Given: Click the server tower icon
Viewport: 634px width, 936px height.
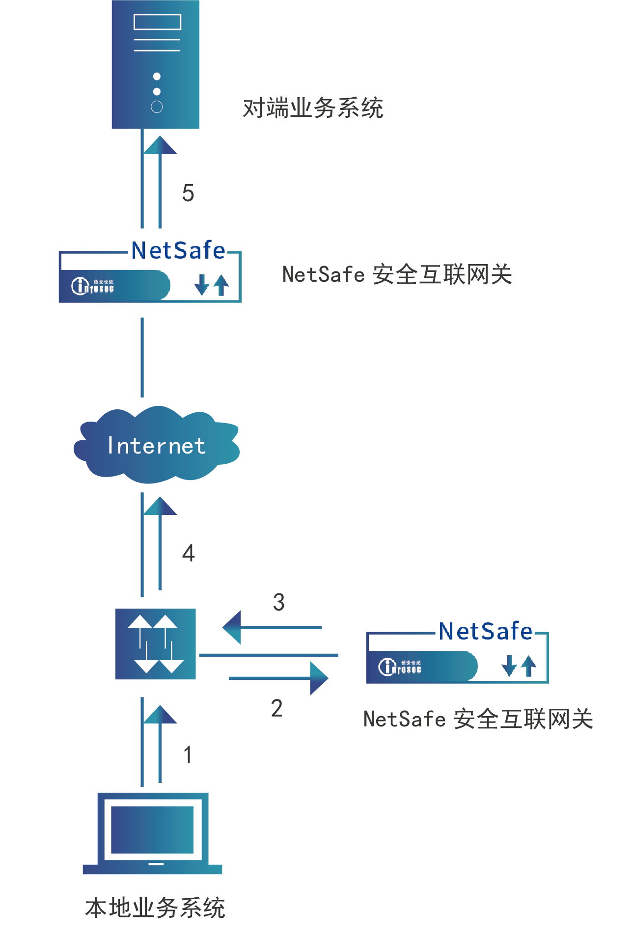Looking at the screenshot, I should pos(155,64).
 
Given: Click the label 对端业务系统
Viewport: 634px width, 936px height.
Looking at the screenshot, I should pos(313,108).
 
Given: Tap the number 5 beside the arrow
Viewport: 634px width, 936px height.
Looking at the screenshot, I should pos(188,193).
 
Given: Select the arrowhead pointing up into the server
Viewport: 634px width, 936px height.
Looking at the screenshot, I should pos(160,145).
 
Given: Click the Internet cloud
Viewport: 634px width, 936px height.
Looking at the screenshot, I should pos(156,445).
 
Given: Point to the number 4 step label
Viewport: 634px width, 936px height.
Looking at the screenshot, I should pos(189,553).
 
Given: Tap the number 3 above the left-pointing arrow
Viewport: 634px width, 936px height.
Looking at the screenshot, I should pos(279,602).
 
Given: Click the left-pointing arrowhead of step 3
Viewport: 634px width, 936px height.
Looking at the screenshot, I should pos(232,627).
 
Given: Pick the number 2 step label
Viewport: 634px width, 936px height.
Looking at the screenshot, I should pos(277,708).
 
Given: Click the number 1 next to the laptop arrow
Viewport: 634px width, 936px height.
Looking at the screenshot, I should pos(188,754).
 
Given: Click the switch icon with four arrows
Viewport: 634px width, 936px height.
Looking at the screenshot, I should pos(155,644).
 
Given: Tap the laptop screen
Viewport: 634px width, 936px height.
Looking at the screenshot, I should pos(152,829).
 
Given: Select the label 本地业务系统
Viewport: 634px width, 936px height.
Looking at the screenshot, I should pos(155,908).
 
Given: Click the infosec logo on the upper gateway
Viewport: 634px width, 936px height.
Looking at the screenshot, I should pos(93,286).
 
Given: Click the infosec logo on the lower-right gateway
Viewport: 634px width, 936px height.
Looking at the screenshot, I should pos(400,667).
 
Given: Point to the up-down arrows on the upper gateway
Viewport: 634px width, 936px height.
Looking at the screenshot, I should pos(212,285).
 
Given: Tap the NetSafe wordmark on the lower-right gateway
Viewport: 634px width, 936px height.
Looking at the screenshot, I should pos(486,631).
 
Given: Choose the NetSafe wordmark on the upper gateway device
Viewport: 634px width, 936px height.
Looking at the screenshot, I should pos(178,250).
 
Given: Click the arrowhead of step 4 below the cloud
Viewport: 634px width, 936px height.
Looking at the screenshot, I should pos(160,506).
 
